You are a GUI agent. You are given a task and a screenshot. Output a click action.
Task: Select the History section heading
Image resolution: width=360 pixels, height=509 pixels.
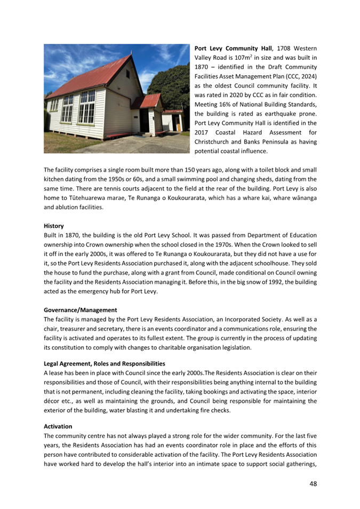click(54, 226)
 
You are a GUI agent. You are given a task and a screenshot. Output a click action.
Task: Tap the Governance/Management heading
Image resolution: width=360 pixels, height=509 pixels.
click(80, 309)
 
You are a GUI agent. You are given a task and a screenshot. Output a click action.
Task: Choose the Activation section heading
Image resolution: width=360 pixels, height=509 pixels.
click(58, 427)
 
